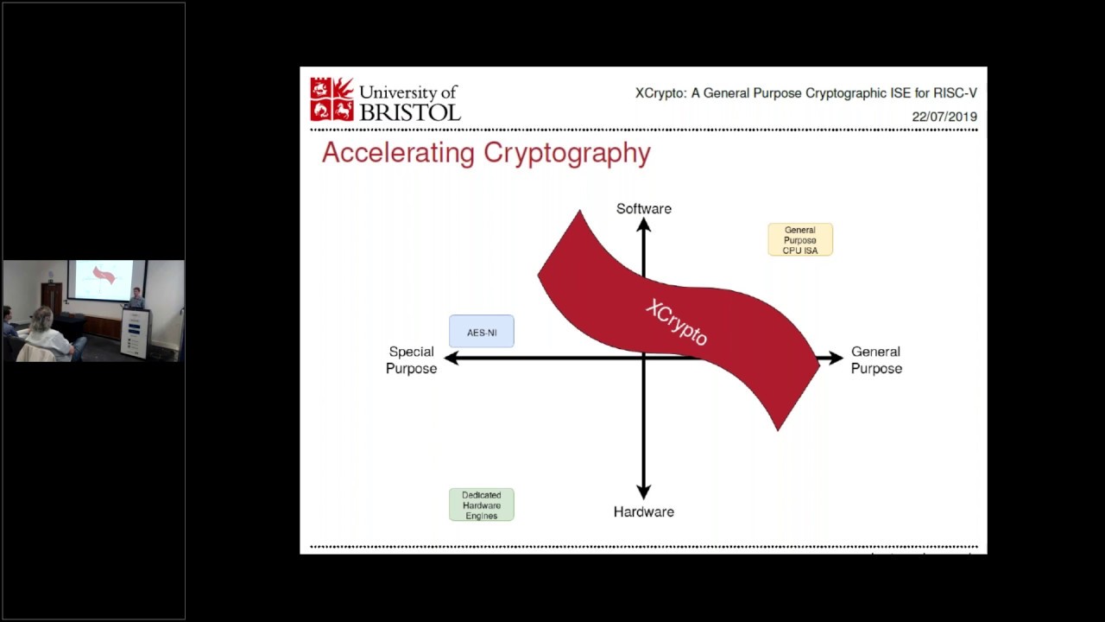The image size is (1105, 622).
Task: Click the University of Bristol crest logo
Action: [x=332, y=99]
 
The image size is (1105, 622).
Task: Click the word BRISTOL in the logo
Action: [x=409, y=111]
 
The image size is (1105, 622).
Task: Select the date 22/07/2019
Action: [x=944, y=117]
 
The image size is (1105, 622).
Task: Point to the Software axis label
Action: [x=643, y=208]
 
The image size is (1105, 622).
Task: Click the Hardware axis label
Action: [x=643, y=511]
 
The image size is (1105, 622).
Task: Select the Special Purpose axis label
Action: [x=411, y=359]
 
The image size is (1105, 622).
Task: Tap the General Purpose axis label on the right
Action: [x=876, y=359]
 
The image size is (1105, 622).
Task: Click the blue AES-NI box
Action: [x=481, y=332]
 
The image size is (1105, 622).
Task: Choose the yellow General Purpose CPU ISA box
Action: [x=800, y=239]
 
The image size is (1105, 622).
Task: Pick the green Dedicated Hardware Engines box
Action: [x=481, y=505]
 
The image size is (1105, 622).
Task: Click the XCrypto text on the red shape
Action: [x=677, y=322]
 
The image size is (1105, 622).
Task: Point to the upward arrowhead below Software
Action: [x=643, y=225]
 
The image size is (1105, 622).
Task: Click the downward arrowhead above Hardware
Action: [x=643, y=492]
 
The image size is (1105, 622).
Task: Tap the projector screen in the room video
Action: [x=104, y=279]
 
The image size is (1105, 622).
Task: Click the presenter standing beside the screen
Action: [x=136, y=298]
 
